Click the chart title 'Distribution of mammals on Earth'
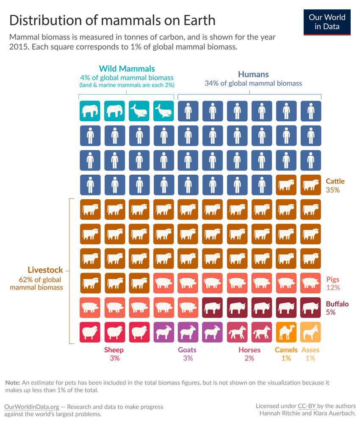point(112,20)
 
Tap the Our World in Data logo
point(327,21)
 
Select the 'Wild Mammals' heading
point(127,69)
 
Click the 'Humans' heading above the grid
point(253,74)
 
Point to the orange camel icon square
point(286,332)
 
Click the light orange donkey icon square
point(311,332)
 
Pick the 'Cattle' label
point(335,181)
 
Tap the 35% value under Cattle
point(333,190)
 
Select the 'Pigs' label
point(332,280)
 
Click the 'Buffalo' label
point(337,304)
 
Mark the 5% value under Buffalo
point(331,312)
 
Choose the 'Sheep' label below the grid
point(114,350)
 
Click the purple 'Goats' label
point(188,350)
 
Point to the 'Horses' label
point(249,350)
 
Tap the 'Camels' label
point(286,350)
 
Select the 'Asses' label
point(310,350)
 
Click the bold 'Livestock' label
point(45,270)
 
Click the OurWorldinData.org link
point(32,407)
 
